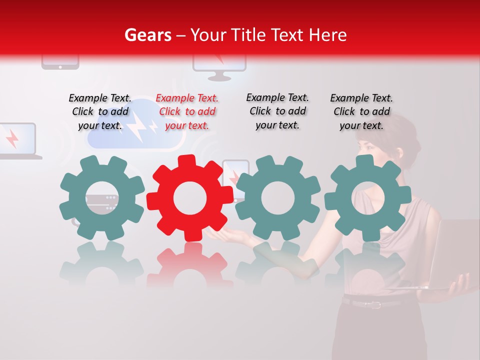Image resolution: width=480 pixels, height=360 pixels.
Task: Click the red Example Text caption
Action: click(x=187, y=112)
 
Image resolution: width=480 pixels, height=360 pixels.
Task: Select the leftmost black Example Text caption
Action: click(x=100, y=112)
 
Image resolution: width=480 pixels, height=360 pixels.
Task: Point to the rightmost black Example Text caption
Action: click(x=361, y=112)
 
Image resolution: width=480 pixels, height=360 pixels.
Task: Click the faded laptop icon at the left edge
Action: click(x=17, y=141)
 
